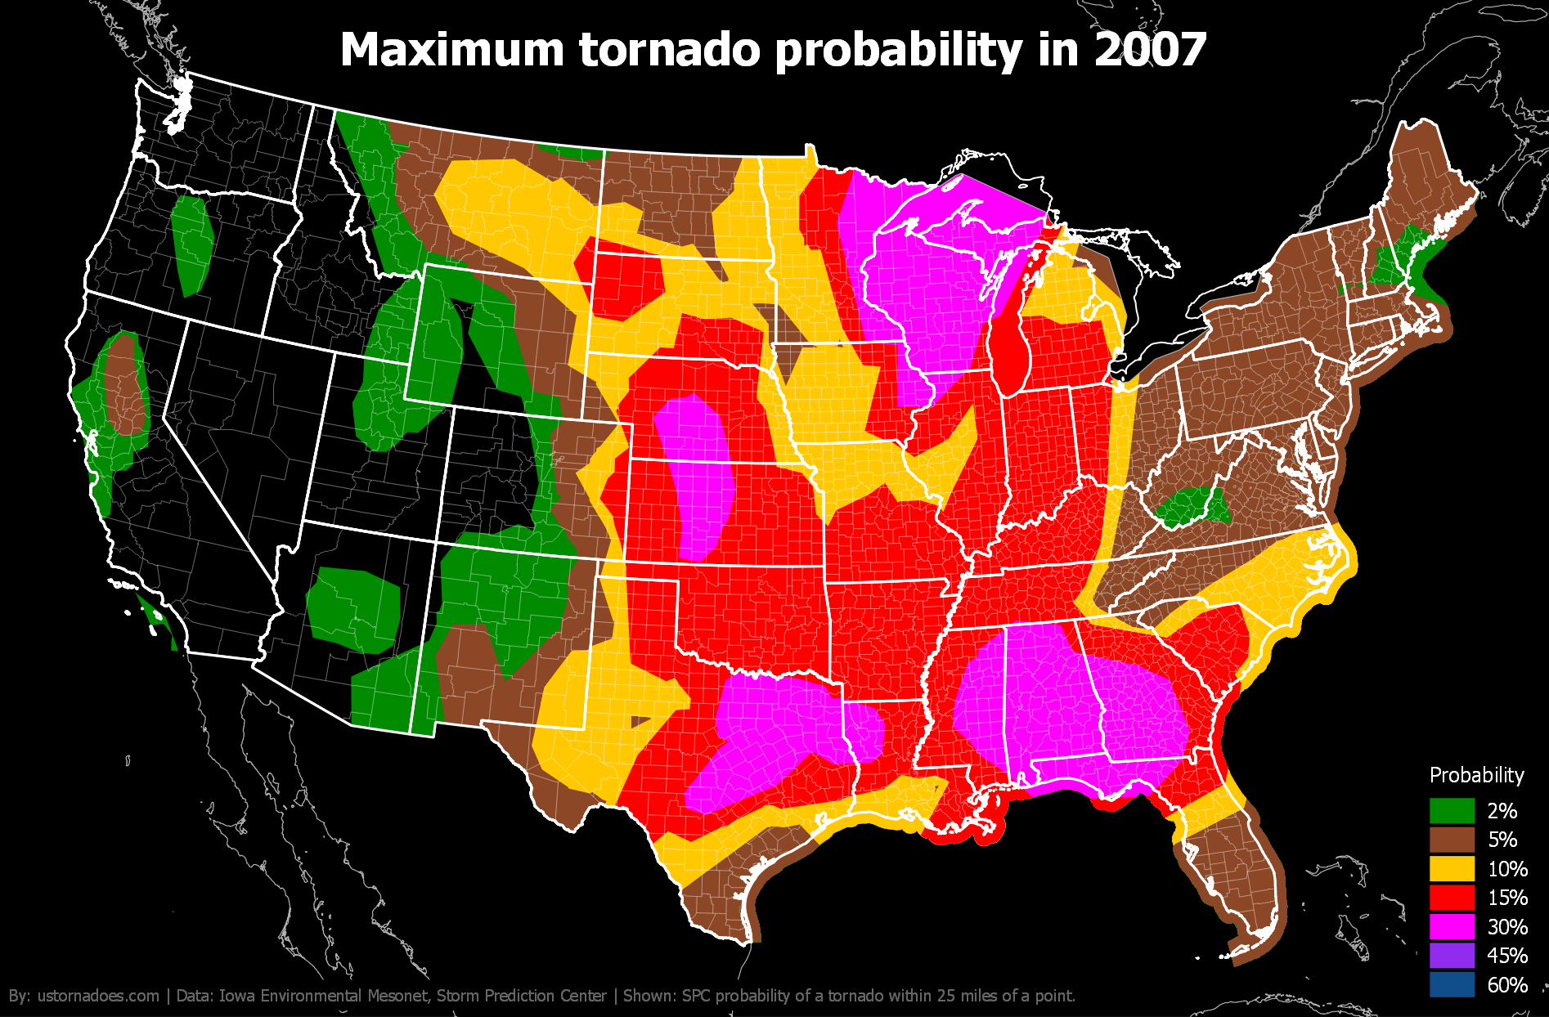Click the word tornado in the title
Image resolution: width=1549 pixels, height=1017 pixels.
pyautogui.click(x=670, y=50)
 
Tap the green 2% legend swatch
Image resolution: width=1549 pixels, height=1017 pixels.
pyautogui.click(x=1452, y=810)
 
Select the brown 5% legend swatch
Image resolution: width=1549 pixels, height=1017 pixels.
pyautogui.click(x=1452, y=840)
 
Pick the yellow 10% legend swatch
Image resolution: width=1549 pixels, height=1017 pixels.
pyautogui.click(x=1452, y=868)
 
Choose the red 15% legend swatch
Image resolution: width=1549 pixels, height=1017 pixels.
pyautogui.click(x=1452, y=898)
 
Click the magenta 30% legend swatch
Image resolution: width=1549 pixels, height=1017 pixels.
pyautogui.click(x=1452, y=926)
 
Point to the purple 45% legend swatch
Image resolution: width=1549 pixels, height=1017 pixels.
pyautogui.click(x=1452, y=956)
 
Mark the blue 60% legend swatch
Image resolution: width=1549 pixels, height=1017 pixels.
pyautogui.click(x=1452, y=984)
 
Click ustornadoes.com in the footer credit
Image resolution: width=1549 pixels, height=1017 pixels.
pyautogui.click(x=98, y=996)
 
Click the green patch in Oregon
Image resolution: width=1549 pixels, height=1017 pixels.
pyautogui.click(x=192, y=244)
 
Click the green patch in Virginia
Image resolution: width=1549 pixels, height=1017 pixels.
pyautogui.click(x=1192, y=507)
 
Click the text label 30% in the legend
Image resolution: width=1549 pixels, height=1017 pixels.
pyautogui.click(x=1507, y=926)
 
